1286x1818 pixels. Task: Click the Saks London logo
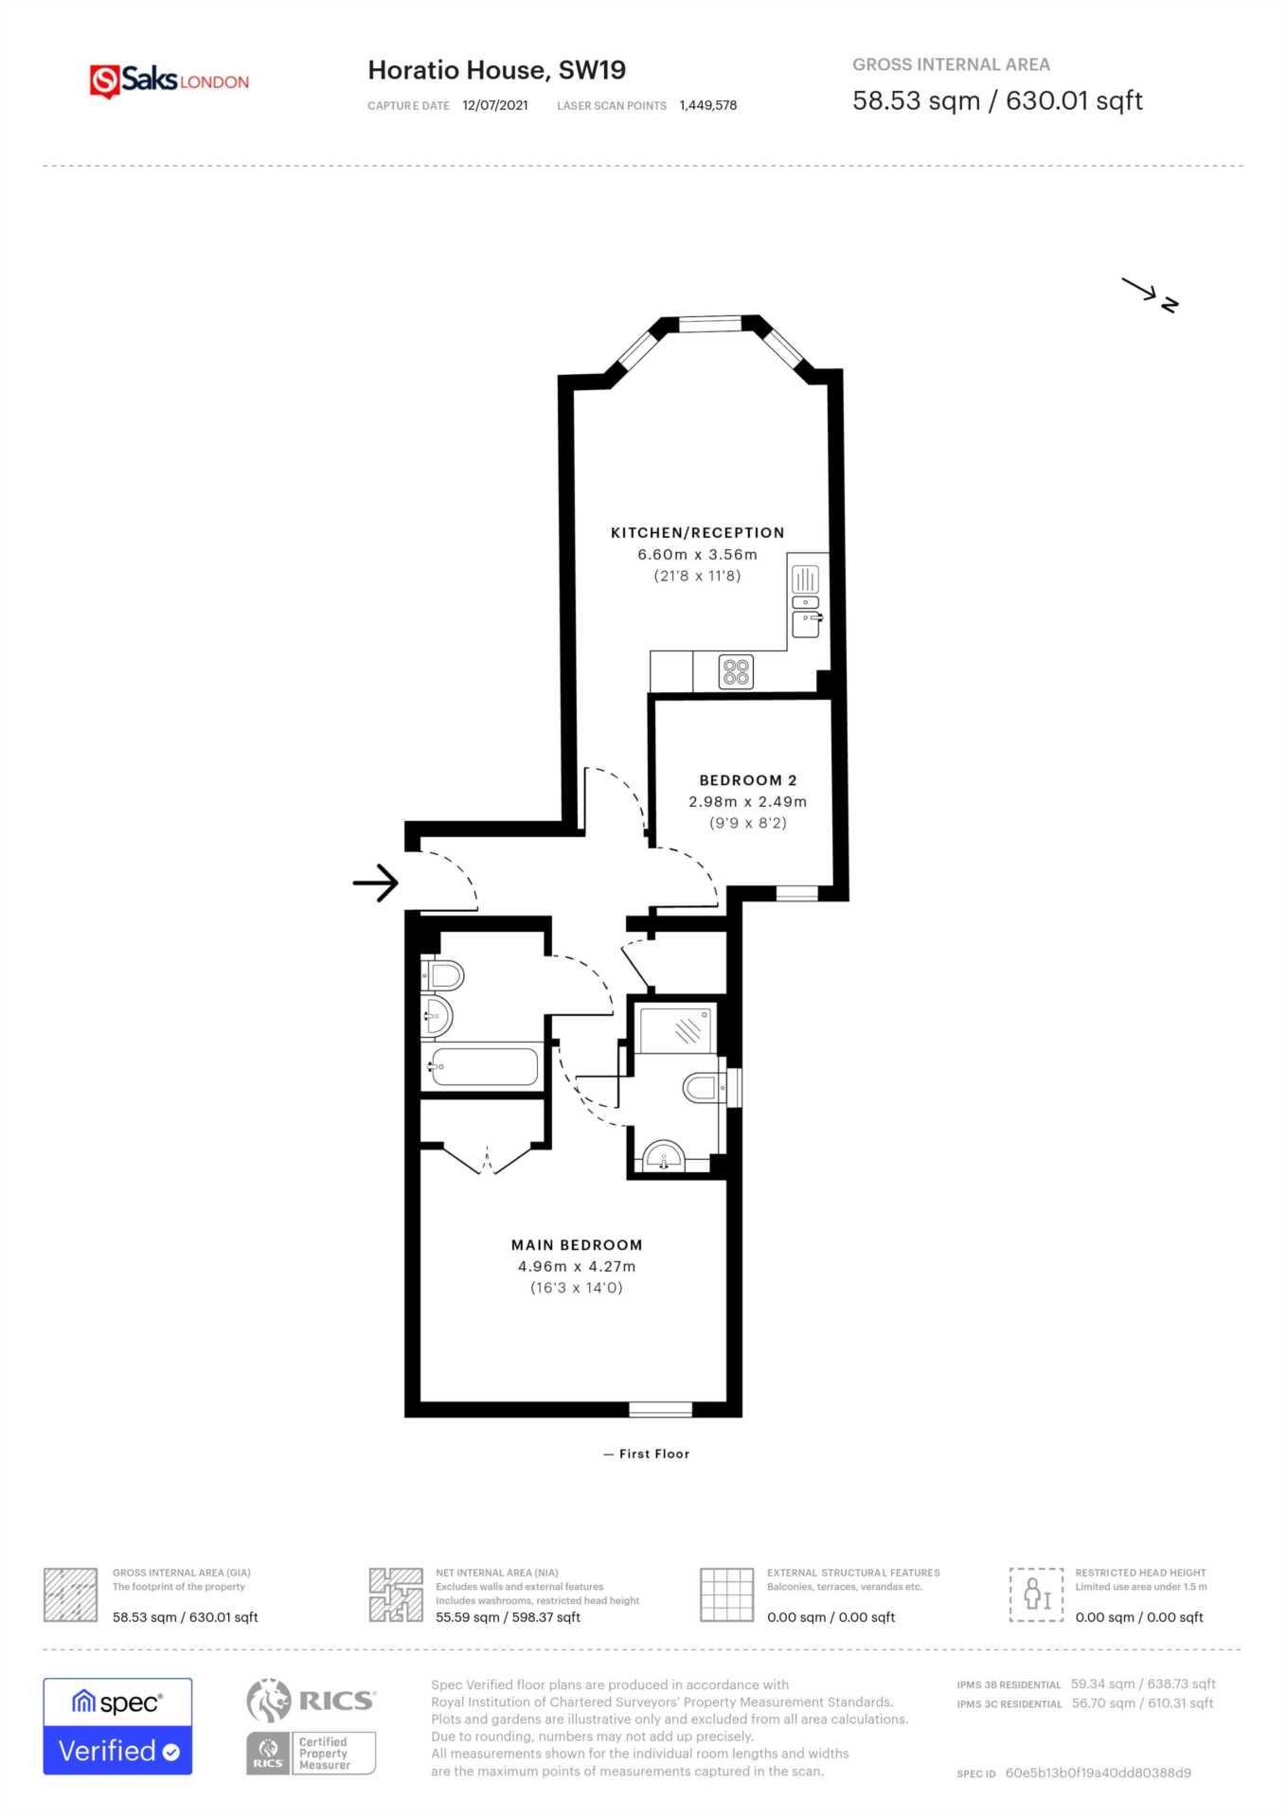pos(169,81)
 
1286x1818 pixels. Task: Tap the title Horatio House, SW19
pos(496,70)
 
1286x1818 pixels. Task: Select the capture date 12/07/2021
pos(494,106)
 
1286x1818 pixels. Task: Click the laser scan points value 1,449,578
pos(707,106)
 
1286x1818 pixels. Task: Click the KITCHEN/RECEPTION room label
pos(697,533)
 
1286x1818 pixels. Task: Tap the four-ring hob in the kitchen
pos(736,671)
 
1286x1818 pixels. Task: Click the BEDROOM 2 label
pos(747,780)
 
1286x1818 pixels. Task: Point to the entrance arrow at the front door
pos(376,882)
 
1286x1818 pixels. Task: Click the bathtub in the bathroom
pos(485,1067)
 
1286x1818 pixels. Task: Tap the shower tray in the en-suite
pos(676,1028)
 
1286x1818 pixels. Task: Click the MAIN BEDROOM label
pos(576,1245)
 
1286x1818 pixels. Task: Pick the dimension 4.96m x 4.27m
pos(576,1267)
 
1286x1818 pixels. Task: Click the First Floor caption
pos(648,1453)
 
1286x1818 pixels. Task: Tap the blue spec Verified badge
pos(117,1726)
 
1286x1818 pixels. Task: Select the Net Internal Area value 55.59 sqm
pos(508,1617)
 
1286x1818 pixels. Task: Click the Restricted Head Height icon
pos(1036,1595)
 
